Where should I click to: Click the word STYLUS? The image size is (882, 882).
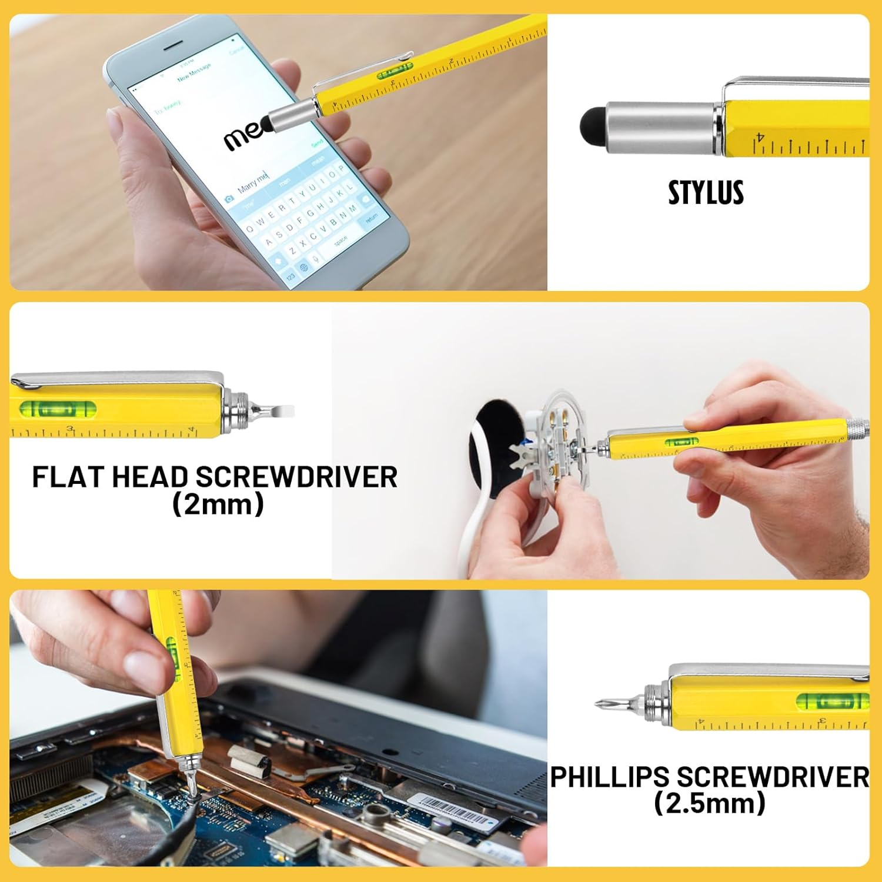706,192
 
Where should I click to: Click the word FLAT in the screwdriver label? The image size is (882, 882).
68,477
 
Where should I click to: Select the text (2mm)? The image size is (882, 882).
218,505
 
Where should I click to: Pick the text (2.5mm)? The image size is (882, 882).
709,803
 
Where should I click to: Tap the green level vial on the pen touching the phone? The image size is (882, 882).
395,72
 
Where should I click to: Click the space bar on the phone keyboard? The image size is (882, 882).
340,240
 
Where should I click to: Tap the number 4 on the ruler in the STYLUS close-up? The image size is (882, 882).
760,137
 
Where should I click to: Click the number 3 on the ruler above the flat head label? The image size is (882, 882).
71,429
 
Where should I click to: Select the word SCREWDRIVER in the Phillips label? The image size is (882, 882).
773,777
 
